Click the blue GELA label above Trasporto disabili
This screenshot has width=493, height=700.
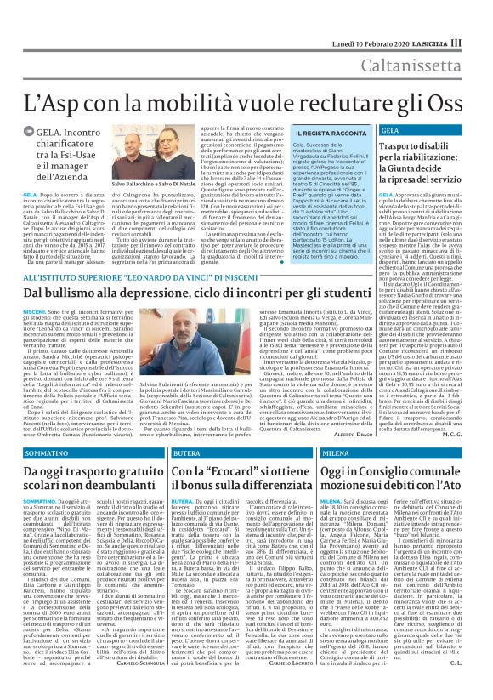click(389, 130)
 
